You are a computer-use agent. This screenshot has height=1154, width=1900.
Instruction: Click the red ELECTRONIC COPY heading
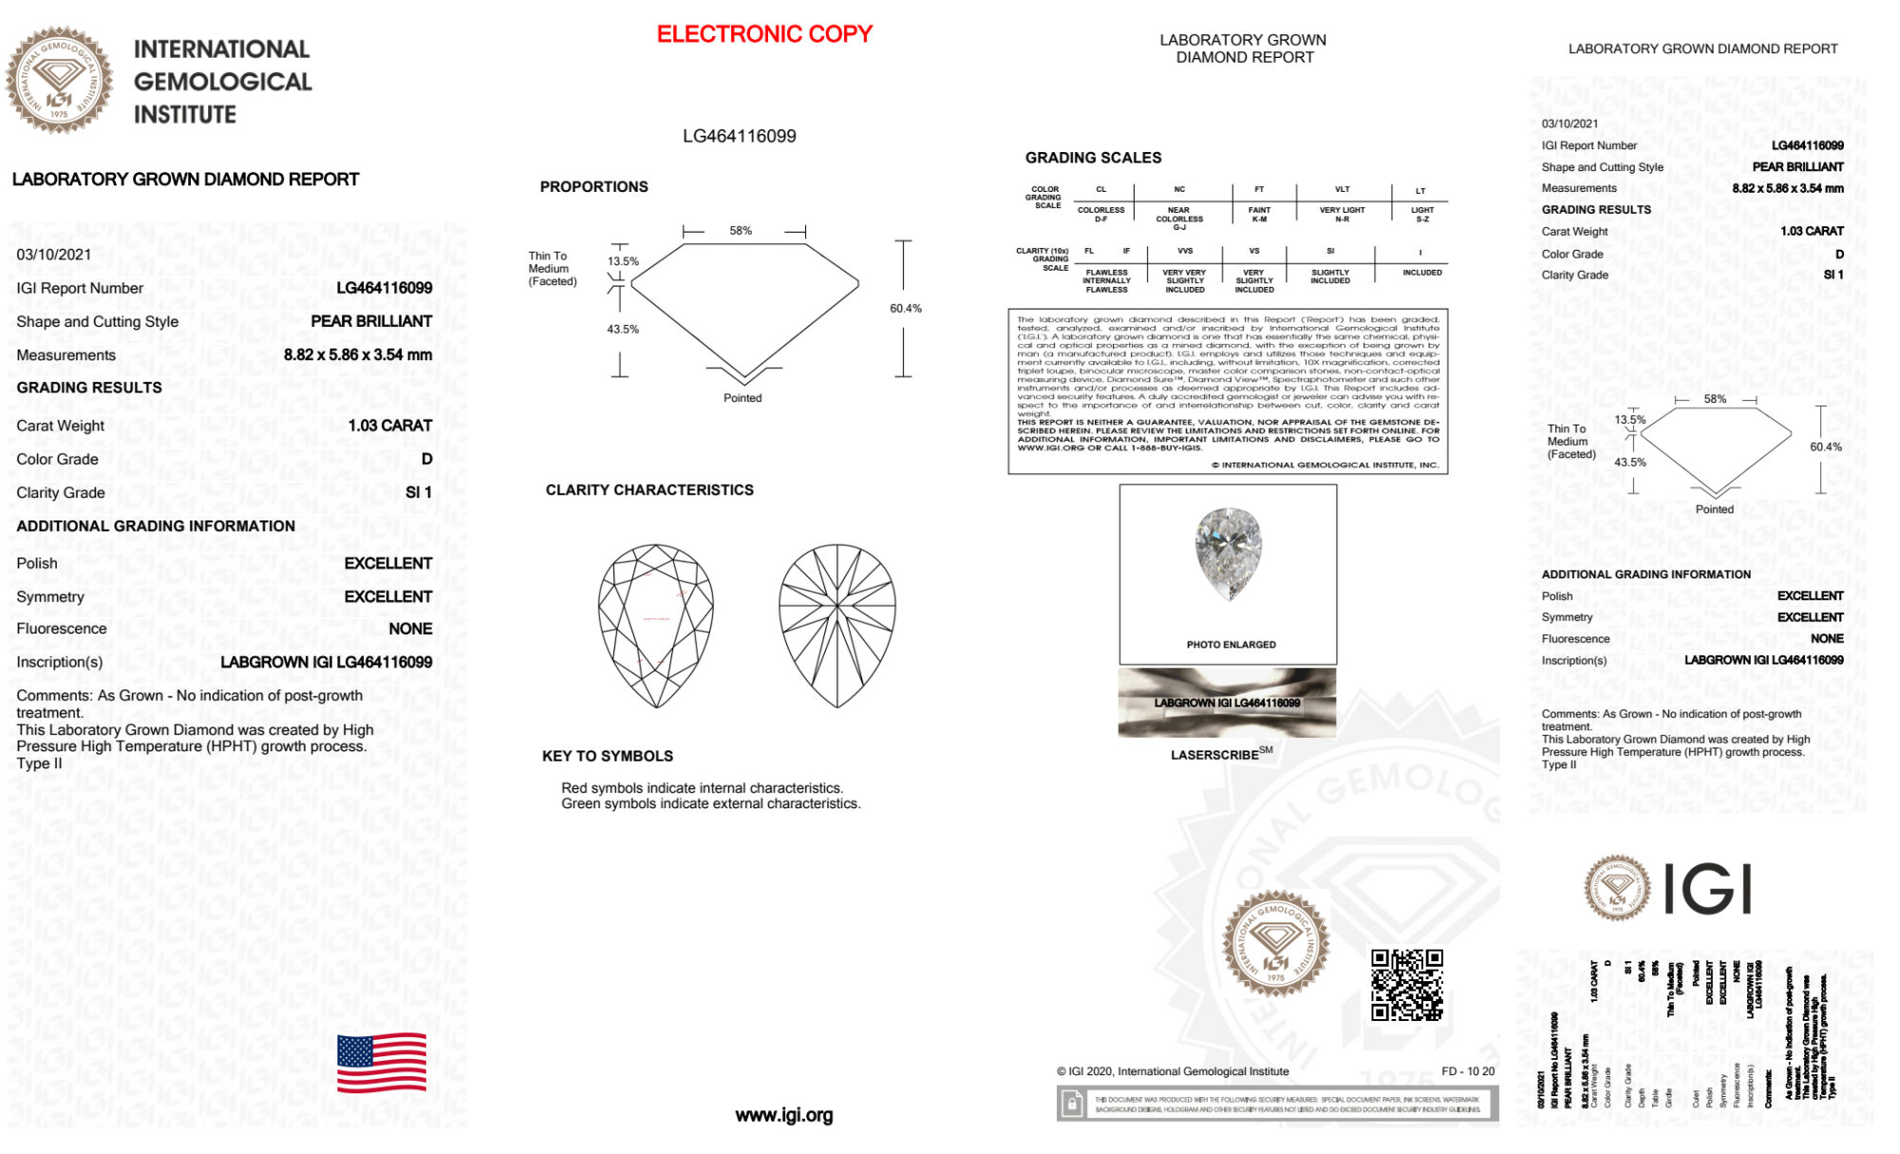click(x=764, y=34)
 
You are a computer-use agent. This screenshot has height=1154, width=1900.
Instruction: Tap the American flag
click(x=382, y=1063)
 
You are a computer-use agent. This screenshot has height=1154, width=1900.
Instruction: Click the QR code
click(x=1407, y=984)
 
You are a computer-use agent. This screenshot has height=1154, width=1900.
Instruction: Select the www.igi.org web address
click(x=783, y=1115)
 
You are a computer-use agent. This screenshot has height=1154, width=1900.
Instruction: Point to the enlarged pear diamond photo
click(x=1229, y=554)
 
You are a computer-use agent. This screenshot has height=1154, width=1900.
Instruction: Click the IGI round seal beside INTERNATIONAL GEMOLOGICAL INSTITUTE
click(x=59, y=80)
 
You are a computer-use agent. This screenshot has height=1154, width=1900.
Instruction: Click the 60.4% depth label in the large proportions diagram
click(x=906, y=309)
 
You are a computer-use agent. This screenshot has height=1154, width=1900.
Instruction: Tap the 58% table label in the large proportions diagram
click(x=741, y=231)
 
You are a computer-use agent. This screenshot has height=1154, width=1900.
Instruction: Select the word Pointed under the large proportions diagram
click(x=743, y=398)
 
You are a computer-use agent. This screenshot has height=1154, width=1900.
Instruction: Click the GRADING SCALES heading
click(x=1093, y=158)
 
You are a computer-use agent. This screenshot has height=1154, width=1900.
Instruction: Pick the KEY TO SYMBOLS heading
click(x=608, y=756)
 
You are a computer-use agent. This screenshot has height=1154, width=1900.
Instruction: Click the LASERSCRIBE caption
click(x=1215, y=755)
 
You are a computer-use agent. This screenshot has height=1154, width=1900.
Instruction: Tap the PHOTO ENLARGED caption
click(x=1231, y=645)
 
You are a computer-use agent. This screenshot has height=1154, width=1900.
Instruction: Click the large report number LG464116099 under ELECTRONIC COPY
click(x=740, y=136)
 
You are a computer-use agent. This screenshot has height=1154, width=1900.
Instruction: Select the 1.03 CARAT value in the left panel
click(x=390, y=426)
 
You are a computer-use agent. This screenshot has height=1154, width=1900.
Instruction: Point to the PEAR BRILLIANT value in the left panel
click(x=371, y=321)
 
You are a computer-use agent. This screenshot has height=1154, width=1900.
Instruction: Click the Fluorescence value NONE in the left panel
click(x=410, y=629)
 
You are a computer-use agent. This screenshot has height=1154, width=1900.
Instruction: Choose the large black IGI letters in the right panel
click(x=1708, y=890)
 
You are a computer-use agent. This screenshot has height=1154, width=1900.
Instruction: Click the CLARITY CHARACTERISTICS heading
click(x=649, y=490)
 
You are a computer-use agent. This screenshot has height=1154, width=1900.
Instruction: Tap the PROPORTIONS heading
click(x=594, y=187)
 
